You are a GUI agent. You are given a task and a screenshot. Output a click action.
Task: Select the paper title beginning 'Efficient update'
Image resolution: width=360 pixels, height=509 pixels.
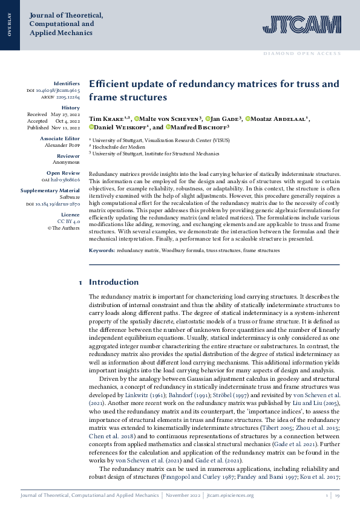pyautogui.click(x=205, y=90)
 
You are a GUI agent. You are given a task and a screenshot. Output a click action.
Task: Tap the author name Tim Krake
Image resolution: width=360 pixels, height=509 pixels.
pyautogui.click(x=106, y=118)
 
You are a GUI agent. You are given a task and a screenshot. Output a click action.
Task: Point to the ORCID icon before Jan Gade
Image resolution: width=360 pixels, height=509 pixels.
pyautogui.click(x=208, y=118)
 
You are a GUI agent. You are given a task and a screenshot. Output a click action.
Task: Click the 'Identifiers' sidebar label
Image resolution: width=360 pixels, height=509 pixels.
pyautogui.click(x=67, y=83)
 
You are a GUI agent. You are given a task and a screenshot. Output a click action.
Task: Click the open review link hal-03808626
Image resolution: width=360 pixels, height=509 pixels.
pyautogui.click(x=64, y=180)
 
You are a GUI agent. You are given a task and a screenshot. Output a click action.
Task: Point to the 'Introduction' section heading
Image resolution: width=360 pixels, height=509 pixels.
pyautogui.click(x=114, y=282)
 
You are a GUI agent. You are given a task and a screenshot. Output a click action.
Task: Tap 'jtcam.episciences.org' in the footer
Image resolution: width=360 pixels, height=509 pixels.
pyautogui.click(x=230, y=495)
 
